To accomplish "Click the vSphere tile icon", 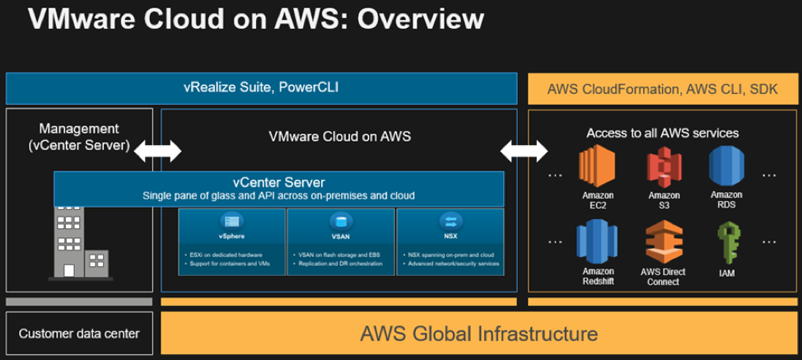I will pyautogui.click(x=231, y=222).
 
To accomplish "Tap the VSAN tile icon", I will pyautogui.click(x=340, y=222).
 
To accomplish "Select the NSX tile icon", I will pyautogui.click(x=450, y=222).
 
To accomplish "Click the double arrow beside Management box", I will pyautogui.click(x=158, y=152).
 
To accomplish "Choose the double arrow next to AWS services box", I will pyautogui.click(x=525, y=152).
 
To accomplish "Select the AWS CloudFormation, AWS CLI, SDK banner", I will pyautogui.click(x=662, y=88).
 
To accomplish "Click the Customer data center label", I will pyautogui.click(x=79, y=334).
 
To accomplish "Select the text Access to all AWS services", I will pyautogui.click(x=662, y=132).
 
